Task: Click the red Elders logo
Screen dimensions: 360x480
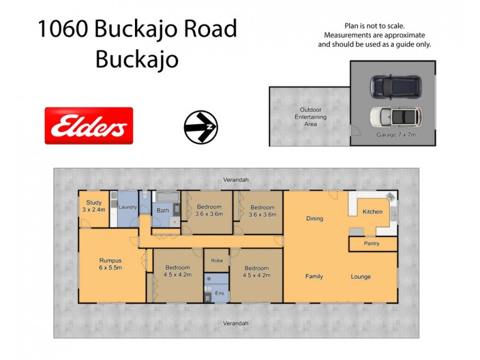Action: coord(89,126)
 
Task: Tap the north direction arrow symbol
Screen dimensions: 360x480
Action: coord(200,127)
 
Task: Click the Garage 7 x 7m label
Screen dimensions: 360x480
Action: coord(395,136)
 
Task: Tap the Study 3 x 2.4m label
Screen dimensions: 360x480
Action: coord(94,206)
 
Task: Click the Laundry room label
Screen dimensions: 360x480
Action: coord(128,208)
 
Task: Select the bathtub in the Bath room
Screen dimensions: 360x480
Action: coord(167,196)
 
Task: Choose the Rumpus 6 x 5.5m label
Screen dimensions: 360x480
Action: coord(110,264)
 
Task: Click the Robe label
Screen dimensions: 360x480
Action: coord(217,261)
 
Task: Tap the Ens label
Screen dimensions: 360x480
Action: coord(220,293)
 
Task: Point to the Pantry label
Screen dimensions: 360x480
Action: coord(372,244)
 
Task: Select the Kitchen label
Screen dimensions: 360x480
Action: coord(373,212)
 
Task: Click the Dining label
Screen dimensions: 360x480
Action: coord(314,218)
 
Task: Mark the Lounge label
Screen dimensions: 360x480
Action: coord(361,277)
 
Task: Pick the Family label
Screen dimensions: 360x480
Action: coord(314,277)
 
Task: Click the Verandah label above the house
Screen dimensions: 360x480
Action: coord(236,179)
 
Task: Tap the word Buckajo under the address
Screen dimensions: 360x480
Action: coord(137,59)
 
